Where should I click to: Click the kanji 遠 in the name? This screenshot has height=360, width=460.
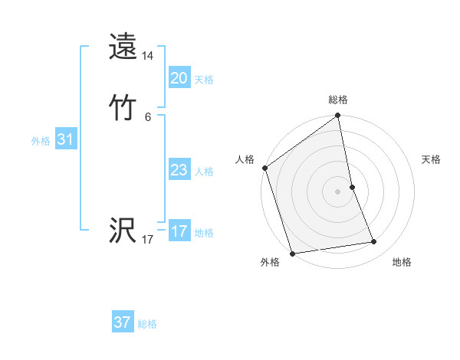coord(123,47)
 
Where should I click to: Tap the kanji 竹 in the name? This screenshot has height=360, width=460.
coord(123,107)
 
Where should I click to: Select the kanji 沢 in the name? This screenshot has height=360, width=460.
coord(123,231)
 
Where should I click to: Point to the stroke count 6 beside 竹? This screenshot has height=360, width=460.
coord(148,116)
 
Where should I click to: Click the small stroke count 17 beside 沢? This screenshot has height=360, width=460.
coord(148,240)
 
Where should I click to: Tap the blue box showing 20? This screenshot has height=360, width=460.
coord(179,78)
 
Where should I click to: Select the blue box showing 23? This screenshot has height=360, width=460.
coord(179,170)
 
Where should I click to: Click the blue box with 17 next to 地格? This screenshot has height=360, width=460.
coord(179,231)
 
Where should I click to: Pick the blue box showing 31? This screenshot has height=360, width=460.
coord(65,139)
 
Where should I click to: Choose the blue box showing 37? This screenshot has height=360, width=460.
coord(122,322)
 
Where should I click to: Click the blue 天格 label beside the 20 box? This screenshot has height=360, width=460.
coord(204,80)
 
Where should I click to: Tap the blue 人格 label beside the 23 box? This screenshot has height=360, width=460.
coord(204,172)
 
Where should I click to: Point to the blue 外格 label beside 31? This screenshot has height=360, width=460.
coord(41,141)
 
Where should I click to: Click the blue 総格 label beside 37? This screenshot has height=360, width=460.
coord(147,324)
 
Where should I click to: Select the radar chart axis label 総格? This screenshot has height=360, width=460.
coord(338,100)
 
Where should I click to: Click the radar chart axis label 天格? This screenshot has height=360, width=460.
coord(431,159)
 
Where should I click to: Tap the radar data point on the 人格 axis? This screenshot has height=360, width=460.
coord(264,168)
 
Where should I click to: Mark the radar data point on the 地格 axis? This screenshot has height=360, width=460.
coord(374,242)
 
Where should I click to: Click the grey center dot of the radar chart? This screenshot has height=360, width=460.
coord(337,191)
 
